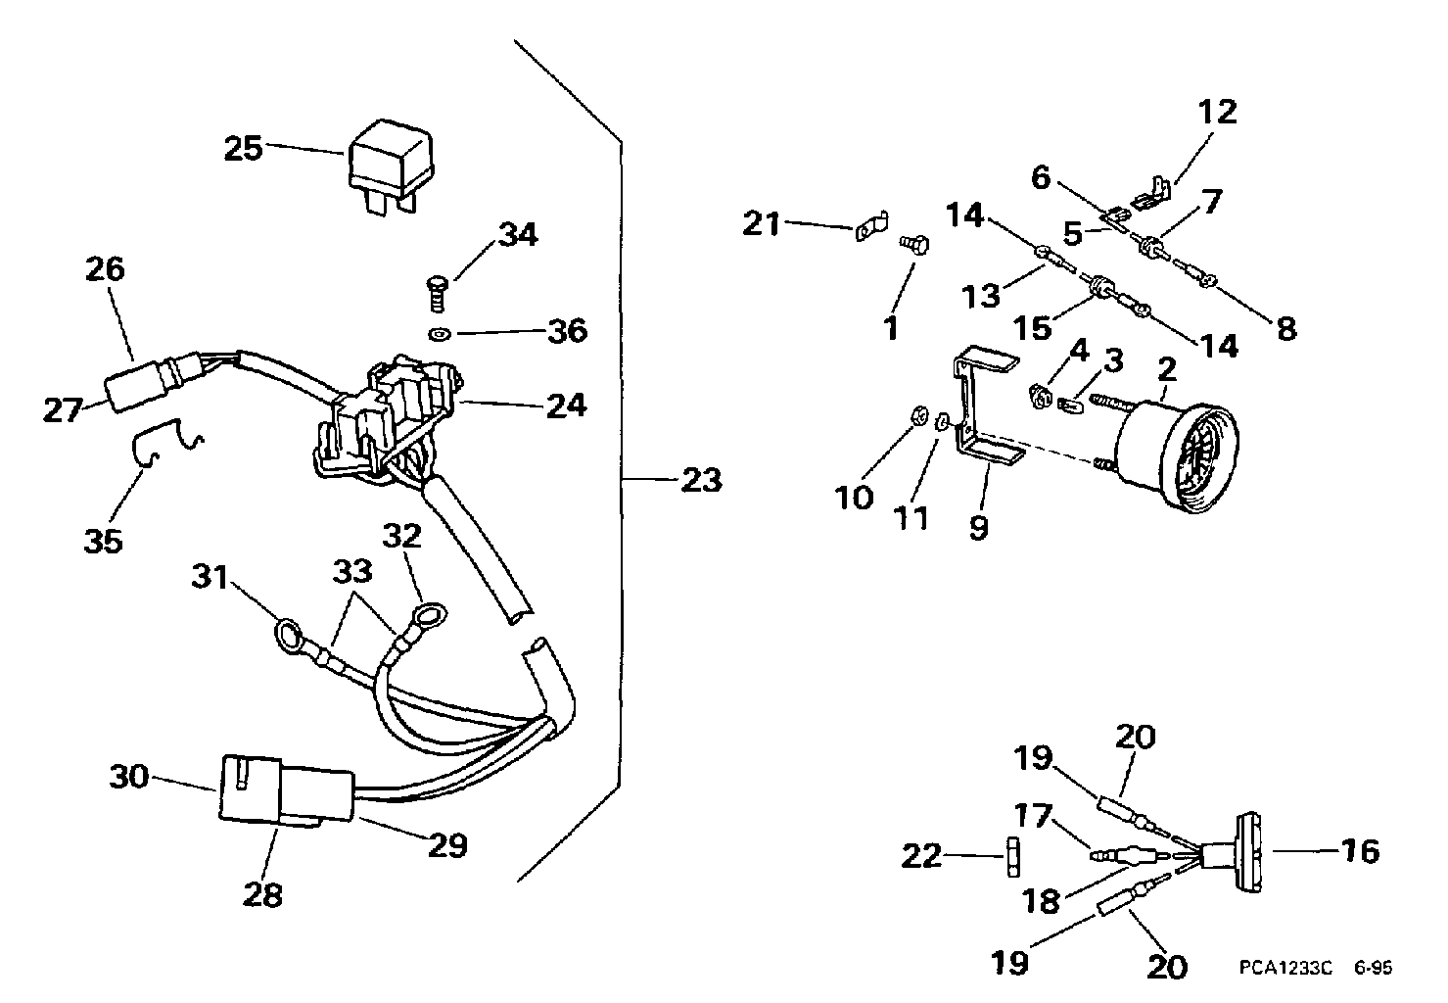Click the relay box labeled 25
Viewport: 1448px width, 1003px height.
[x=391, y=165]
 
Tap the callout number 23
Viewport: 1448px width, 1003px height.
[x=702, y=481]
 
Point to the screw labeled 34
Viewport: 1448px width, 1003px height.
[x=438, y=295]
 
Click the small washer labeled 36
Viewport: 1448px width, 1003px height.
[x=441, y=334]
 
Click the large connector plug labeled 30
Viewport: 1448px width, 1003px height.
[x=286, y=790]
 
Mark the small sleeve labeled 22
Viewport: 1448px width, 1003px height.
[x=1013, y=856]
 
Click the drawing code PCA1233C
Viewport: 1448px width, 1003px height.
[x=1285, y=968]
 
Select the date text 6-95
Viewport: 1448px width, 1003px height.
[x=1374, y=968]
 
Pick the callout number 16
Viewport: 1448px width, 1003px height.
[x=1360, y=851]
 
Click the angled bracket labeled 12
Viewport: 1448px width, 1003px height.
[x=1153, y=197]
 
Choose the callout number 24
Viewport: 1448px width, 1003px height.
[x=566, y=406]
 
